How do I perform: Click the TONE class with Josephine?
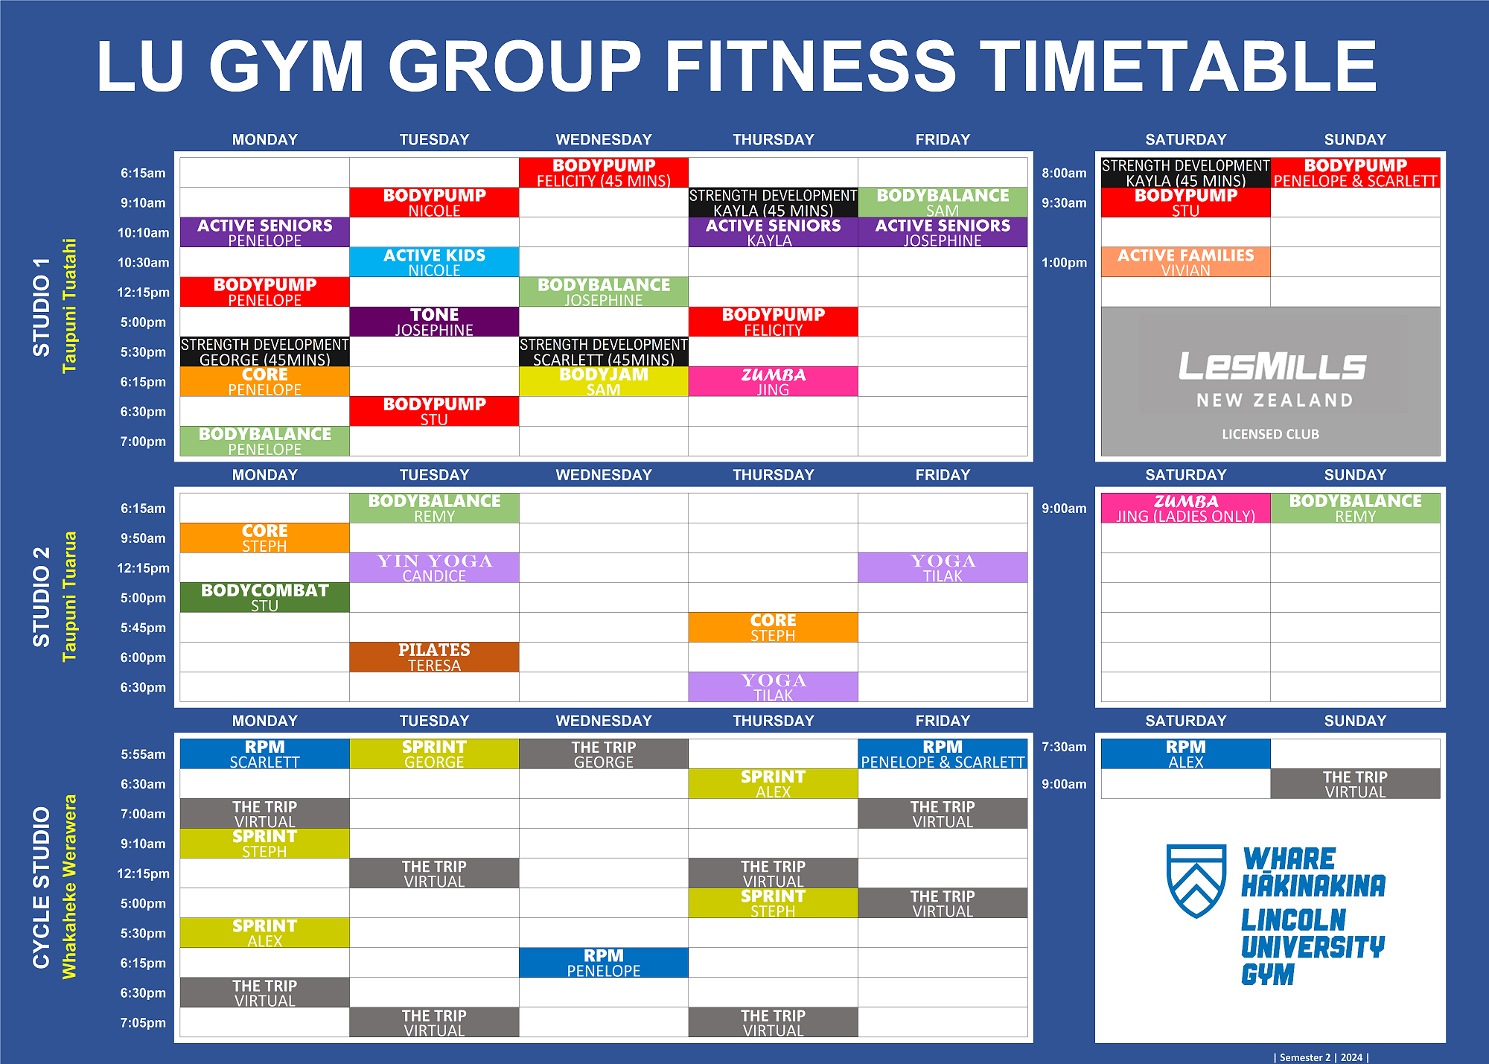tap(434, 322)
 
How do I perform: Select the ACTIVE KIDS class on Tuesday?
tap(434, 262)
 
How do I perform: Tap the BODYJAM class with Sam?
tap(604, 381)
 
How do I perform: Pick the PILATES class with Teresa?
tap(434, 657)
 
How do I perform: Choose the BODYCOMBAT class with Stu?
tap(264, 597)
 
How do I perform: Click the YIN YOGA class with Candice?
tap(434, 567)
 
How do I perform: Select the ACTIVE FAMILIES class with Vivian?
tap(1186, 262)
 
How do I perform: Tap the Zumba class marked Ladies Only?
tap(1186, 508)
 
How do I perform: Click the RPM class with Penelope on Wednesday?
tap(604, 962)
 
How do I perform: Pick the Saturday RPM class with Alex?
tap(1186, 754)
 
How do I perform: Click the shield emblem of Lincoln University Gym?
tap(1196, 881)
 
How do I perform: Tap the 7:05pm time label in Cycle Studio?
tap(143, 1022)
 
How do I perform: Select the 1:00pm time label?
tap(1064, 262)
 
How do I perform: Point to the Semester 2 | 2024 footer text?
tap(1321, 1057)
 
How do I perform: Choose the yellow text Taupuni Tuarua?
tap(69, 596)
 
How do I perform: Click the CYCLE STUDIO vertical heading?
tap(41, 888)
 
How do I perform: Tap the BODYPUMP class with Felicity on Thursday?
tap(774, 322)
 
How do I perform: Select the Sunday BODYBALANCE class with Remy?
tap(1355, 508)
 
